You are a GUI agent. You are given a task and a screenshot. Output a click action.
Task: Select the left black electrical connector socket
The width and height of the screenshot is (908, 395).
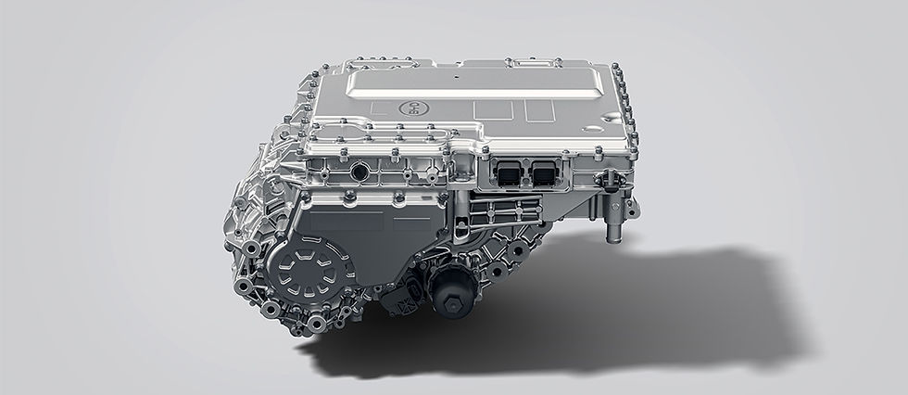[x=510, y=172]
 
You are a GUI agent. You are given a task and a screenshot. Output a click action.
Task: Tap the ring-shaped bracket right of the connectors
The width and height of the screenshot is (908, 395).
[x=607, y=177]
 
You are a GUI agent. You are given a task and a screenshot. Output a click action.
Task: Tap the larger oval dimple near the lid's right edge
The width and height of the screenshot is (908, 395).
[x=612, y=119]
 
